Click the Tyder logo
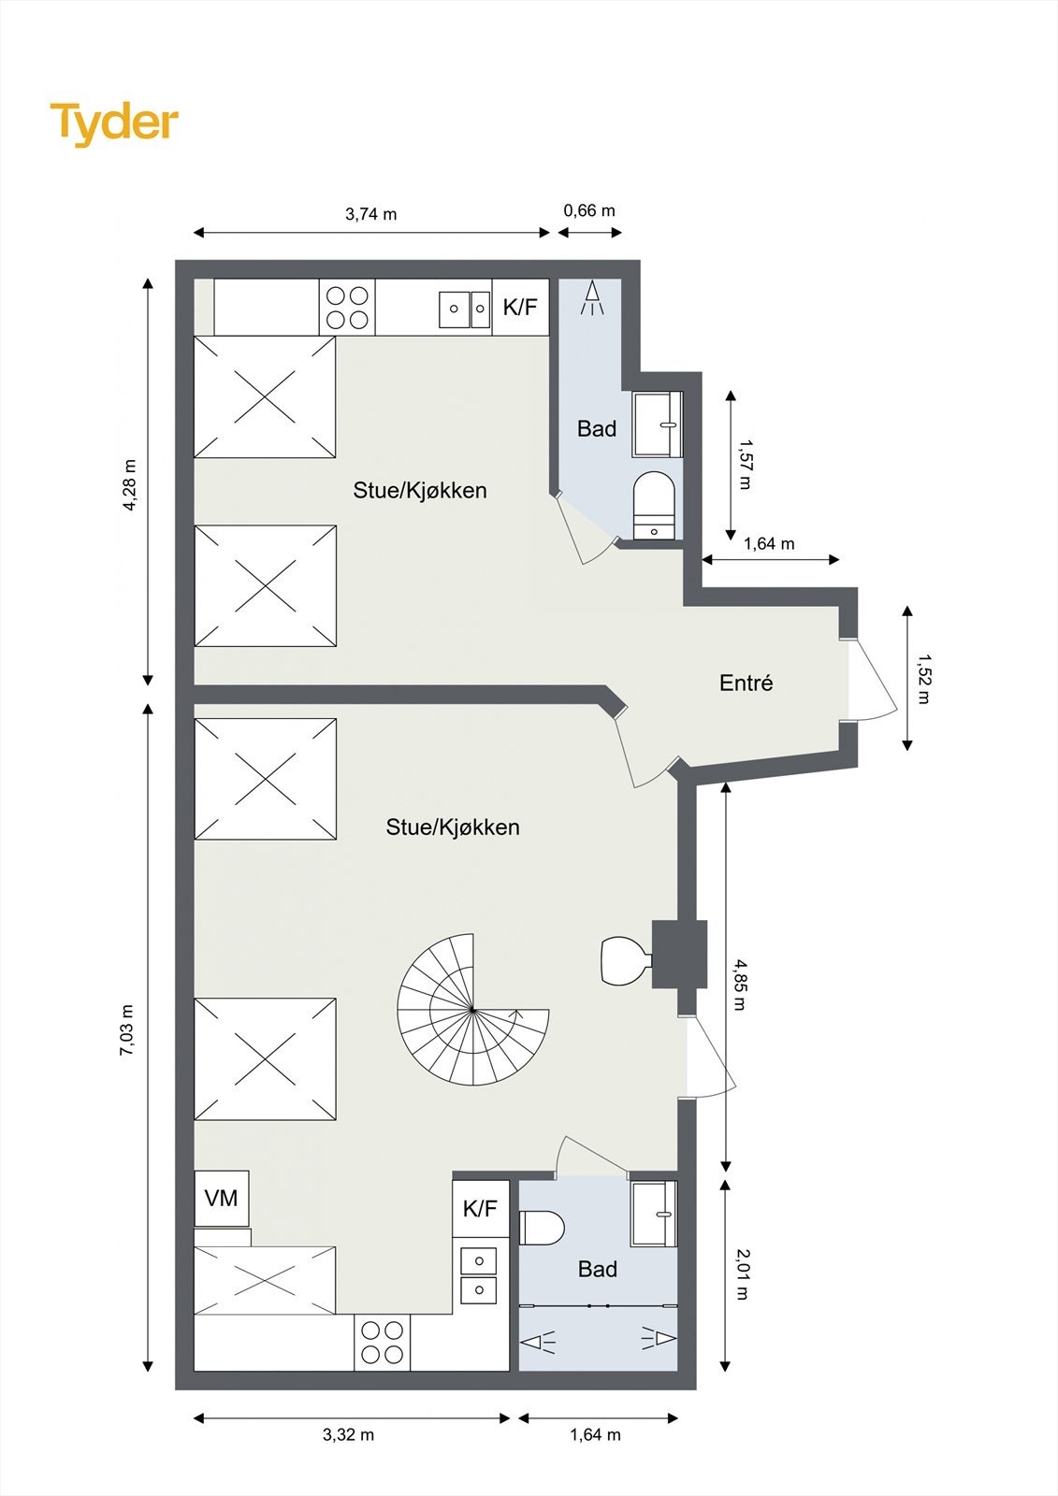pos(114,122)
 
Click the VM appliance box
pos(222,1198)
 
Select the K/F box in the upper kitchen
pos(520,307)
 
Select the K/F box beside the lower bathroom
pos(480,1209)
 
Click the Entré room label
pos(746,683)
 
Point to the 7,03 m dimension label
pos(127,1030)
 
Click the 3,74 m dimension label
pos(370,214)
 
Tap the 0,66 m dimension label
pos(589,210)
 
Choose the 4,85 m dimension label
pos(740,985)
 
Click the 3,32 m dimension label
pos(348,1434)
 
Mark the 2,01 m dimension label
pos(742,1274)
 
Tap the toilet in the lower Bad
pos(542,1228)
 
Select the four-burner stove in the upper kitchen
pos(347,308)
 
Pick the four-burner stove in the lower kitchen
pos(383,1342)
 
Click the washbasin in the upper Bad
pos(658,424)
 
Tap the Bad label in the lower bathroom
pos(597,1269)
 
